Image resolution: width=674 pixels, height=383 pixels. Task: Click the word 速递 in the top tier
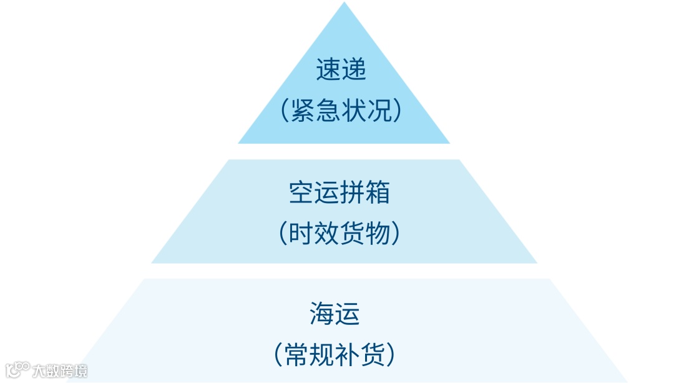click(x=341, y=70)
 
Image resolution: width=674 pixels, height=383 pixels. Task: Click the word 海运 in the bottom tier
click(x=335, y=313)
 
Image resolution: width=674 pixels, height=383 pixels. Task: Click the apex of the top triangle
click(x=344, y=4)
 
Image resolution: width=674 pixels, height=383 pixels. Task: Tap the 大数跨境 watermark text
click(x=61, y=371)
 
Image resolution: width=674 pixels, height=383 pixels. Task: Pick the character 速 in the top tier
click(x=328, y=70)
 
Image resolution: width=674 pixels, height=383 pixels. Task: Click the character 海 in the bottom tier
click(x=323, y=313)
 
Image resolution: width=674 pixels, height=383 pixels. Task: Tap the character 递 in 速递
click(x=354, y=70)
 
